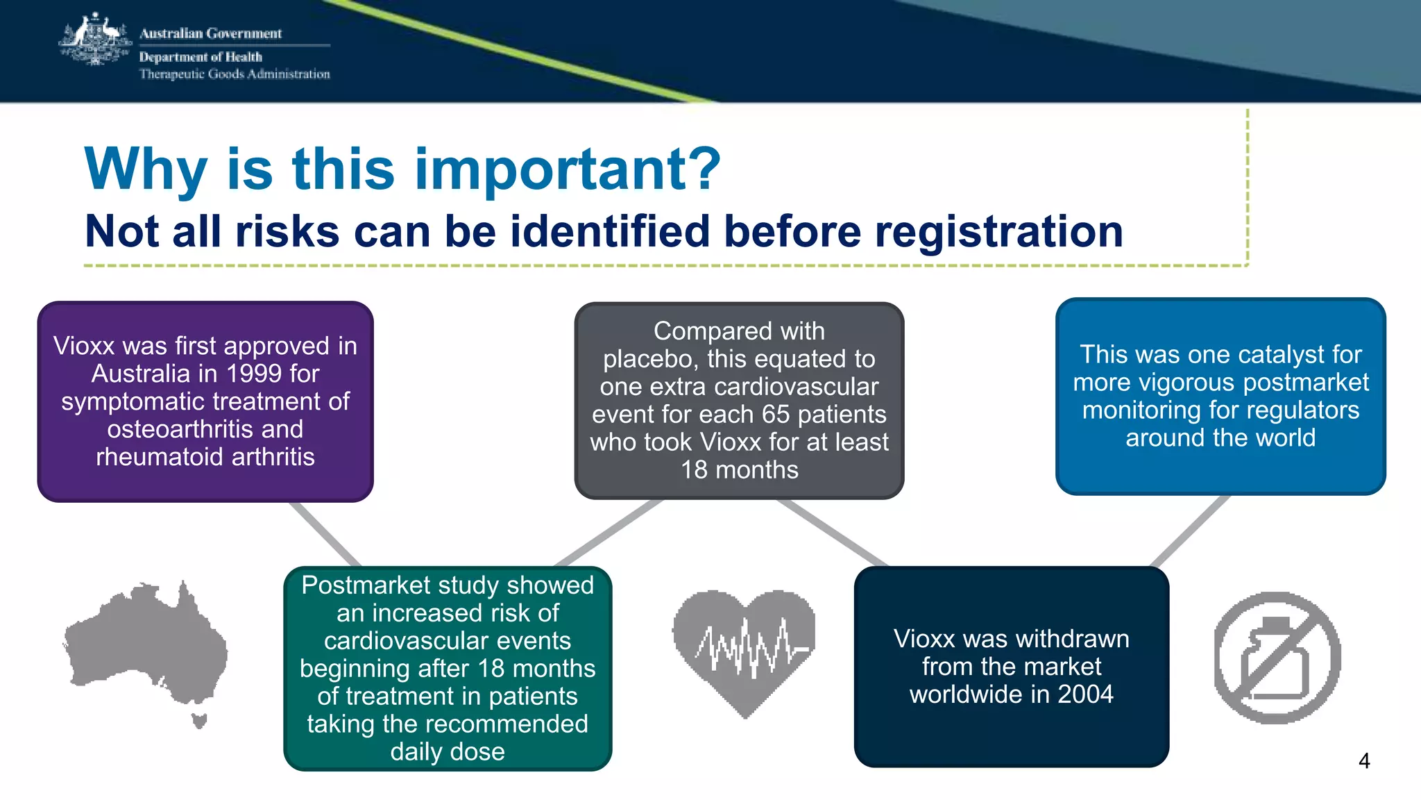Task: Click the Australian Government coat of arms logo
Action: coord(95,40)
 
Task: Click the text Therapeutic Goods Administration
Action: coord(235,74)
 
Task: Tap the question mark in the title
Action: coord(701,169)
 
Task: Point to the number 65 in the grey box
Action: coord(776,415)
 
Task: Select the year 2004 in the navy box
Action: coord(1085,694)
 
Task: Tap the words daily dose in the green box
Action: coord(448,752)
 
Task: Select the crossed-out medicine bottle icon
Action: coord(1277,658)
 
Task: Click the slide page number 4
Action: coord(1363,761)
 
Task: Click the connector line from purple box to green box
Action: coord(325,534)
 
